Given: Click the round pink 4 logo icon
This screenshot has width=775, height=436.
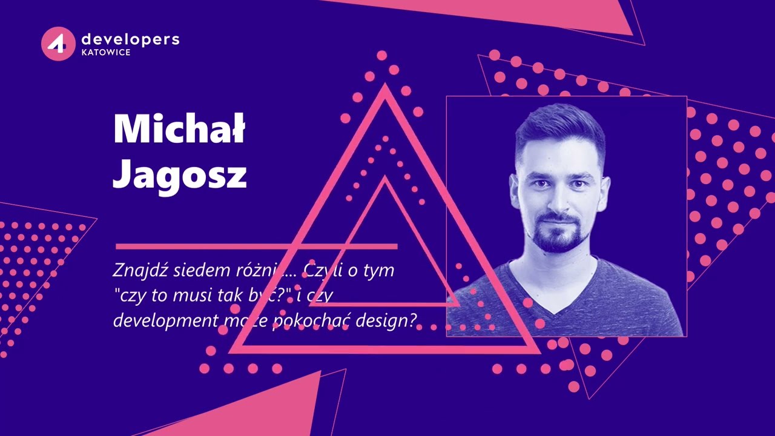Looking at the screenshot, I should pos(58,44).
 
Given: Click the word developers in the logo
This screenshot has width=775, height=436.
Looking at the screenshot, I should pos(130,39).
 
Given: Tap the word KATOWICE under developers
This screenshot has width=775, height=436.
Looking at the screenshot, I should pos(105,53).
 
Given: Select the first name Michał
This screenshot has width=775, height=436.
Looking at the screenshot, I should pos(179,129).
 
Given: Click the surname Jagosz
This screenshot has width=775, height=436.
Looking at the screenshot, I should pos(180,174).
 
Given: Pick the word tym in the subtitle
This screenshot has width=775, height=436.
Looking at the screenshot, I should pos(378,270).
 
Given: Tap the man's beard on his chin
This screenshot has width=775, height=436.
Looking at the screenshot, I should pos(560,242).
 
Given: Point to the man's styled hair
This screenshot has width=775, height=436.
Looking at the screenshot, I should pos(560,124).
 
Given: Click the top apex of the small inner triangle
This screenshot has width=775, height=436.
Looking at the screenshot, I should pos(384,180).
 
